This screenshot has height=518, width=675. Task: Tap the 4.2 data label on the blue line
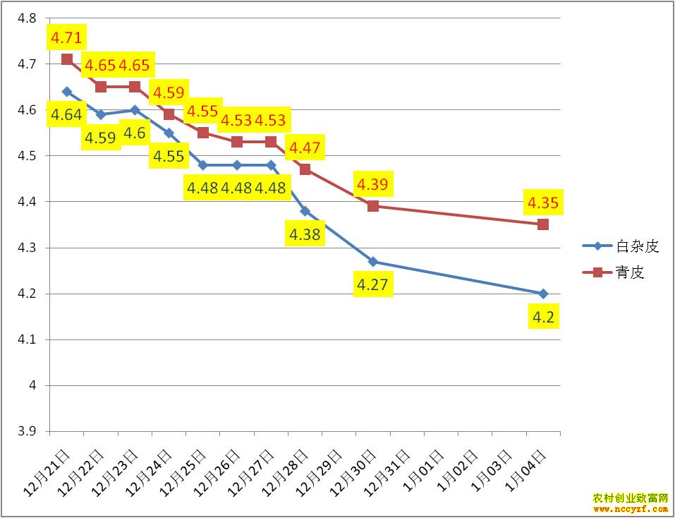tap(543, 318)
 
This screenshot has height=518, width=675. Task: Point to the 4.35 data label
tap(543, 203)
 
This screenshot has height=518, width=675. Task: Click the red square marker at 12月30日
tap(373, 206)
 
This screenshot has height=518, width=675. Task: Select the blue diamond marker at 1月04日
tap(543, 294)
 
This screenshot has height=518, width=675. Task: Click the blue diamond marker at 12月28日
tap(305, 211)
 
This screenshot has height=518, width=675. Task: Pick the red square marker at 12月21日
tap(67, 59)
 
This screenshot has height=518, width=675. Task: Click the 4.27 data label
tap(373, 286)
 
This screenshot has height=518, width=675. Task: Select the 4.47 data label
tap(304, 148)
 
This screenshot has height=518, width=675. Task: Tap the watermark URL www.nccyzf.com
tap(631, 508)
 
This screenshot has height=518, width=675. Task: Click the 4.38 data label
tap(304, 234)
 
